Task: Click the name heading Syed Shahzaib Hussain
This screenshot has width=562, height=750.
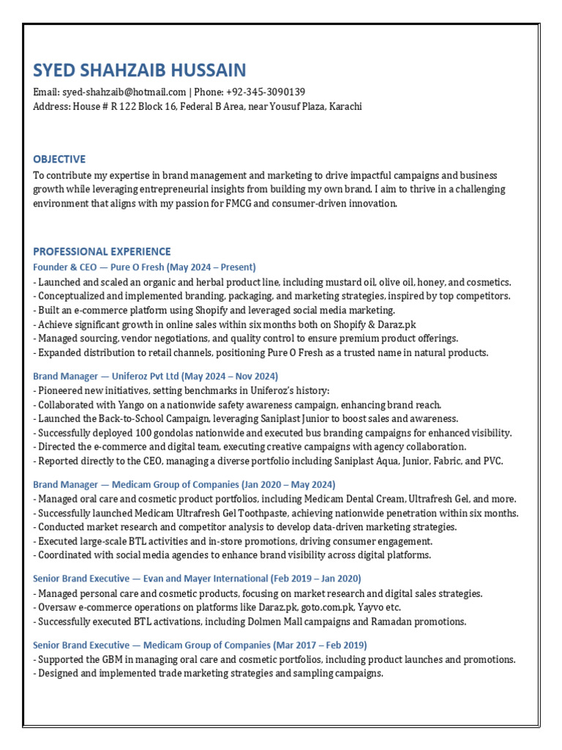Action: tap(140, 70)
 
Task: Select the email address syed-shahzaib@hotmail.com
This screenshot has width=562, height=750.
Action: tap(124, 92)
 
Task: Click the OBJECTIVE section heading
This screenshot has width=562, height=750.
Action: tap(59, 159)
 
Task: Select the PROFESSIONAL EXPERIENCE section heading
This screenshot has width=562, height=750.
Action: tap(102, 251)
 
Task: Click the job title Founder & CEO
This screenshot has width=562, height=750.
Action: tap(68, 267)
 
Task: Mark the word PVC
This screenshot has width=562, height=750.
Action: tap(492, 461)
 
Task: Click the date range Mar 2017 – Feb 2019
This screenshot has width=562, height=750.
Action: tap(320, 645)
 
